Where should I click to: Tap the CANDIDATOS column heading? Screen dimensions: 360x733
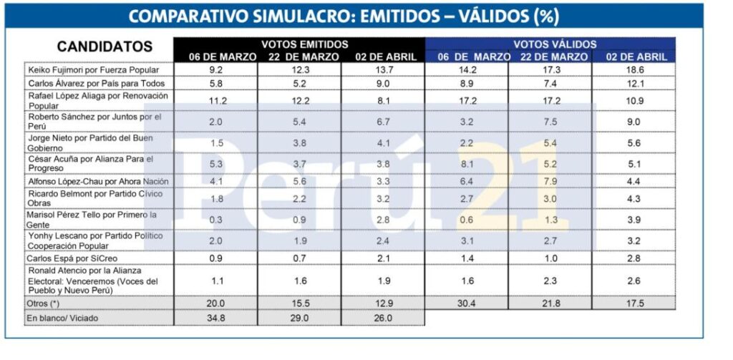(105, 47)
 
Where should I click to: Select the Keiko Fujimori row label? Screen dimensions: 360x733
(92, 70)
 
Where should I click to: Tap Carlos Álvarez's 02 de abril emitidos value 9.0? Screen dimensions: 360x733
(384, 84)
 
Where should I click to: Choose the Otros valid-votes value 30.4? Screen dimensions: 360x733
(467, 303)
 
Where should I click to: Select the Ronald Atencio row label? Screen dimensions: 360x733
(93, 281)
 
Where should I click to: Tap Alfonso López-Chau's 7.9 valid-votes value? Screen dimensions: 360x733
(550, 181)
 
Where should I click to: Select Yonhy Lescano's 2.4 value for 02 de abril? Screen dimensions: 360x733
(384, 240)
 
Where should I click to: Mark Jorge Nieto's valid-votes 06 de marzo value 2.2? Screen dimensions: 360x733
(467, 142)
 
